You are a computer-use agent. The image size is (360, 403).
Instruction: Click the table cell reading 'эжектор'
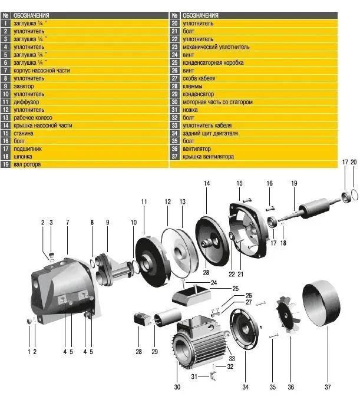(24, 87)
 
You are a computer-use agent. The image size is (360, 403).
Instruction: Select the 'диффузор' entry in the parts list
(26, 102)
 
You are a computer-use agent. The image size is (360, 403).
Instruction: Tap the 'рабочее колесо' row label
(33, 118)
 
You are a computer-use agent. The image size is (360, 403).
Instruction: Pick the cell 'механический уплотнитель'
(216, 47)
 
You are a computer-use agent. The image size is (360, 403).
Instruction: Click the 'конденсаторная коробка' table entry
(213, 62)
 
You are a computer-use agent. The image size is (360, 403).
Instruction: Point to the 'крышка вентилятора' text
(208, 157)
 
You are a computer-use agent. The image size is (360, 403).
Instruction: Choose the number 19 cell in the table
(5, 164)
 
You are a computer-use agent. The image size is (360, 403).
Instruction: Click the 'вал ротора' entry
(27, 164)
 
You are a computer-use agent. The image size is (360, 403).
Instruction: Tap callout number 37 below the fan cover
(328, 387)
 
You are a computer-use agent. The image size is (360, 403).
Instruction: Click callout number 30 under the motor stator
(177, 387)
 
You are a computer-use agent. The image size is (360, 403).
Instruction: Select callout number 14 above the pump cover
(207, 183)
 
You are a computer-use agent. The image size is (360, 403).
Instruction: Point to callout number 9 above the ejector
(107, 222)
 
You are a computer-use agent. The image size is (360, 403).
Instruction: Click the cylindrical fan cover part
(321, 303)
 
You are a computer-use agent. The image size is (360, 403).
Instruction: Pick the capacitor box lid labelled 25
(191, 295)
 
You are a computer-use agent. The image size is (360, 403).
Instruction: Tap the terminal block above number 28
(141, 319)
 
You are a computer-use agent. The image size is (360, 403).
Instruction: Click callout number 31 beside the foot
(194, 376)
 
